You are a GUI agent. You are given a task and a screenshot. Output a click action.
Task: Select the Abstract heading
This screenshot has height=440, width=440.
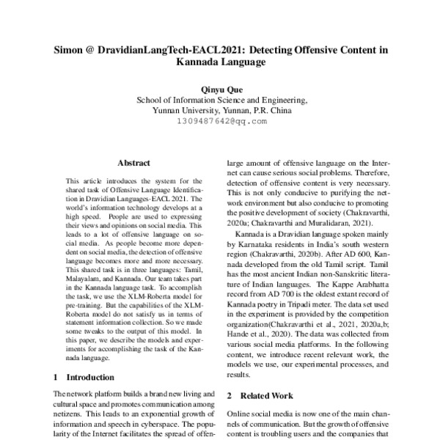pyautogui.click(x=133, y=163)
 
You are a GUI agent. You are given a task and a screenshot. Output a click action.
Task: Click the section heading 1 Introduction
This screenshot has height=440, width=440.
pyautogui.click(x=84, y=377)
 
